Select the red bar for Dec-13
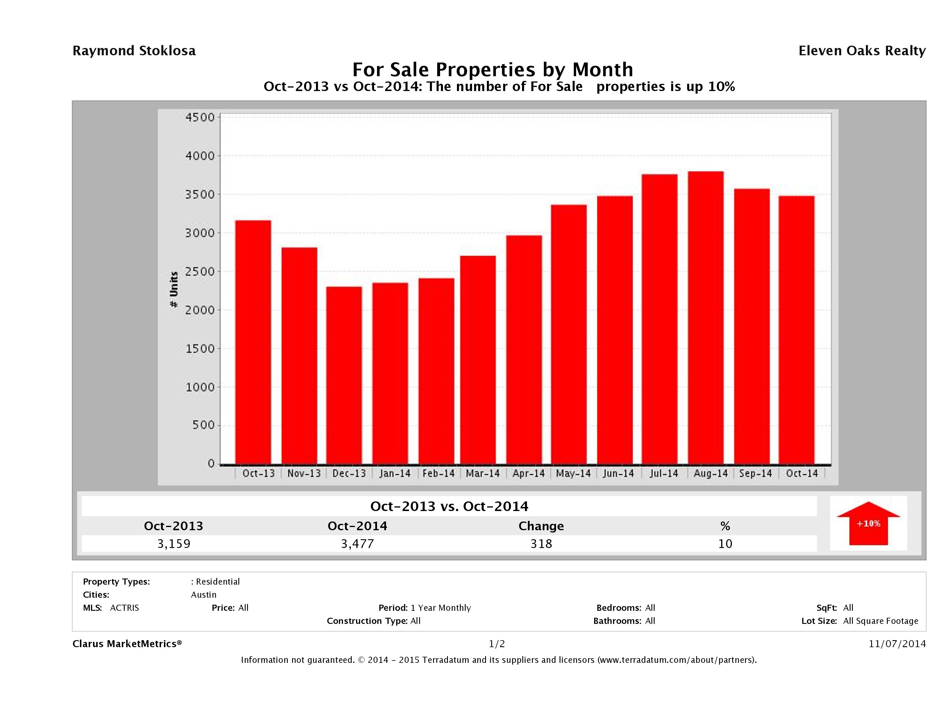click(344, 375)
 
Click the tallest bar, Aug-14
click(706, 318)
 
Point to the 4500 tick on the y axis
click(200, 118)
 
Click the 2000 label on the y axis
click(200, 310)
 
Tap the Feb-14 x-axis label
click(438, 474)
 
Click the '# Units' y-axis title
click(174, 289)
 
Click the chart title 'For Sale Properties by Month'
click(492, 69)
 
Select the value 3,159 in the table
click(174, 544)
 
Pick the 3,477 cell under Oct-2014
click(358, 544)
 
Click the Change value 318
click(541, 544)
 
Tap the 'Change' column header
click(541, 526)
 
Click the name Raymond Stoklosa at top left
click(134, 51)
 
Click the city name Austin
click(203, 594)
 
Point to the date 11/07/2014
click(897, 644)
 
